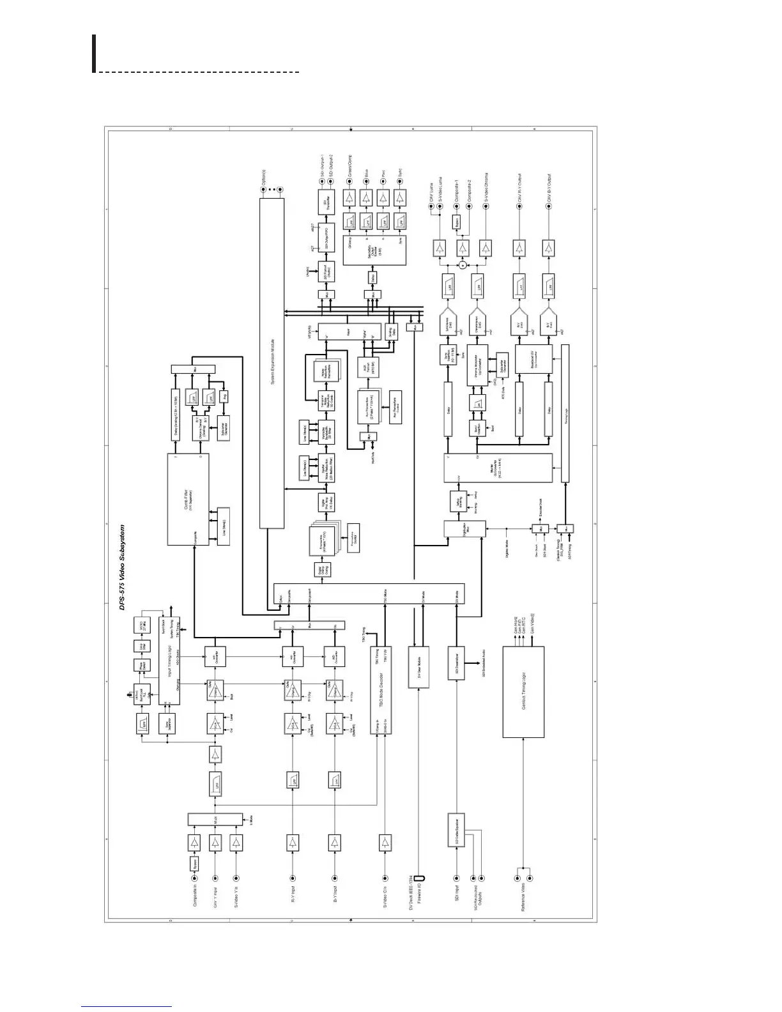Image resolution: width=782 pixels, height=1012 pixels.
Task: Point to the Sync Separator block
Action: [x=168, y=724]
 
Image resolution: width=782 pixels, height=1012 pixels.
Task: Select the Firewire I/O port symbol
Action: [x=419, y=878]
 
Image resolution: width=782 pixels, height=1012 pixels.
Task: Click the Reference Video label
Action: [x=523, y=898]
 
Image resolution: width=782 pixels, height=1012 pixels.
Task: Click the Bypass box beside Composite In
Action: [x=194, y=862]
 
